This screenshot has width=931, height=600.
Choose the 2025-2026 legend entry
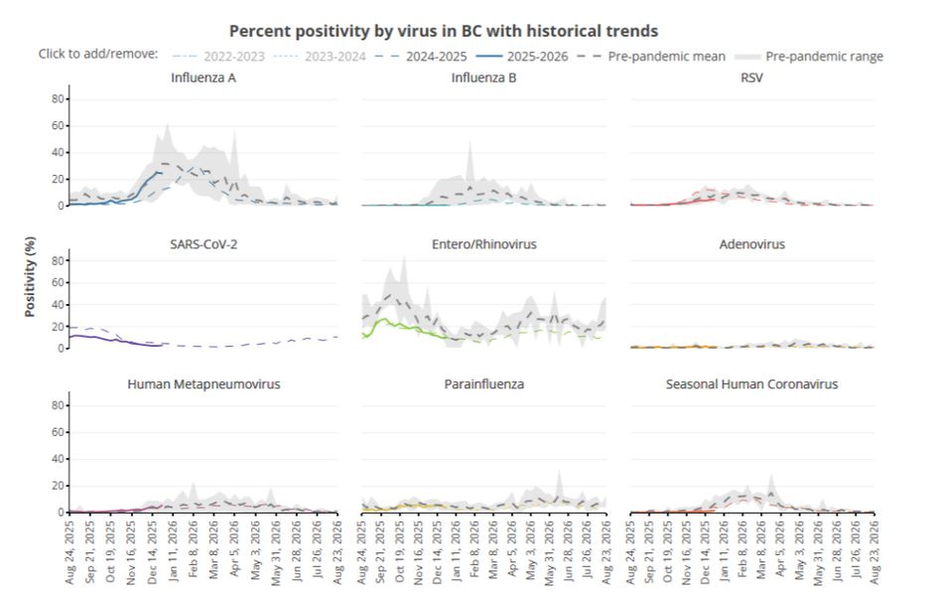(542, 56)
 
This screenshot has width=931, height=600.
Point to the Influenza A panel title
(202, 77)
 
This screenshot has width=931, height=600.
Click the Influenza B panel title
(483, 77)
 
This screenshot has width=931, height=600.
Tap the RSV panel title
(751, 77)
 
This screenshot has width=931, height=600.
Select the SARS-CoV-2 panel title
(203, 244)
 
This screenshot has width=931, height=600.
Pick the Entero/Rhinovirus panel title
(483, 244)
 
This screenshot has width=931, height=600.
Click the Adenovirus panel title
(751, 244)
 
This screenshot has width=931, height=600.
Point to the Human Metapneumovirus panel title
(203, 383)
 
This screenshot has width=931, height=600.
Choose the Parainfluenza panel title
(483, 383)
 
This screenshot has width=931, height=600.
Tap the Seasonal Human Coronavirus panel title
(751, 383)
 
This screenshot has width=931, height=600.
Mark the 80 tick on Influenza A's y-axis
(59, 99)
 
